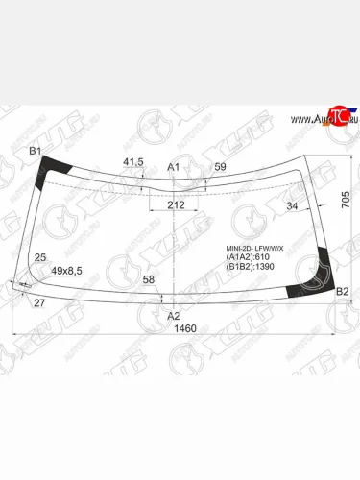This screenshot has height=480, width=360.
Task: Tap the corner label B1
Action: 35,151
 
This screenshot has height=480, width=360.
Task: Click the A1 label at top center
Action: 174,167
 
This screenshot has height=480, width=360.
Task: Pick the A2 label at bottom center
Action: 174,315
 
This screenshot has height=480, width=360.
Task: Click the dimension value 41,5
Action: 133,162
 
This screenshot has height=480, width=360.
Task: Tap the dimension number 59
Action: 220,167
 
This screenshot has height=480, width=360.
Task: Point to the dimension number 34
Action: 292,205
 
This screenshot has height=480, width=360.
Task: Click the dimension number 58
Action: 148,279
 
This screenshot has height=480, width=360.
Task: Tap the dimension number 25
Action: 39,258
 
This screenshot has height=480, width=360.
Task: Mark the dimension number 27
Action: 39,303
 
